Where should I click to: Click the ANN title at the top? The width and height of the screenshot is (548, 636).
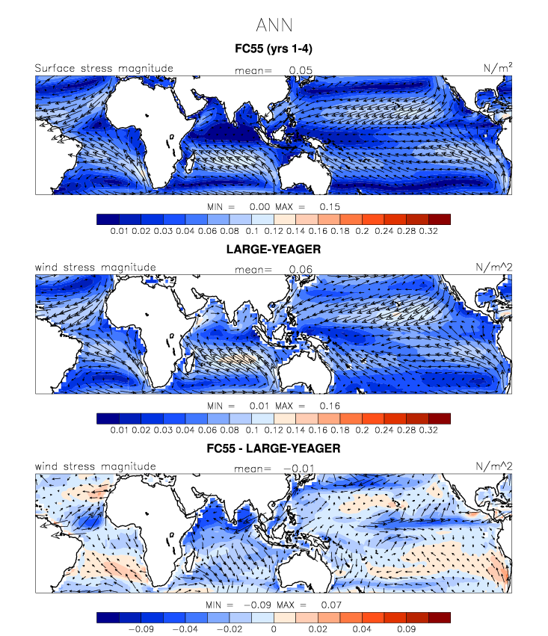(273, 25)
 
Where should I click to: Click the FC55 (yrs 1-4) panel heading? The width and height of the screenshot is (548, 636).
(274, 50)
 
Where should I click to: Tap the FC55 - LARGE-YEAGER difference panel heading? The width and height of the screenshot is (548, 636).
(274, 449)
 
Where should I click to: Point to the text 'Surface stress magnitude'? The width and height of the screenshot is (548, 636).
(104, 69)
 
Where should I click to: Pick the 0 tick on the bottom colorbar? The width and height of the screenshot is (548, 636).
(274, 629)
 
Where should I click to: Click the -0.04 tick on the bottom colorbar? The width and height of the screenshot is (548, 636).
(185, 629)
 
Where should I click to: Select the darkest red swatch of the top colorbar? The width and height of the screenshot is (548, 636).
(439, 219)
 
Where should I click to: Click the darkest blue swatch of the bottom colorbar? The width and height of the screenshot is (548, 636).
(108, 617)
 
